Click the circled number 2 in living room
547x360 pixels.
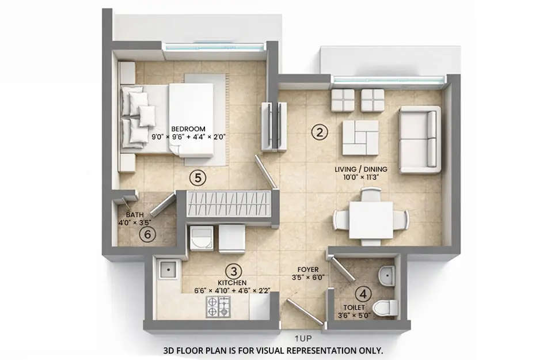319,132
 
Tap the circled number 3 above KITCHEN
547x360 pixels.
233,271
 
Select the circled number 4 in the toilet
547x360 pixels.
362,294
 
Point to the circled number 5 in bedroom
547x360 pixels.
197,178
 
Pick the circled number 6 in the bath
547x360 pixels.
148,234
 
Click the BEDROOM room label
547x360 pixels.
188,128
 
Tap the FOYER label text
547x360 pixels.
308,269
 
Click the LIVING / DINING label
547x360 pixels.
361,169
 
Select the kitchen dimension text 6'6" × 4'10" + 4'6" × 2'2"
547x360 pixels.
233,290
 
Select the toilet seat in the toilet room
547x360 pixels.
384,307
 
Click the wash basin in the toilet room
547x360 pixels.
388,276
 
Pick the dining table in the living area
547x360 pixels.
371,220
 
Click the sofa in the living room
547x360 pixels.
420,139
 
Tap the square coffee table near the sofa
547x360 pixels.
360,137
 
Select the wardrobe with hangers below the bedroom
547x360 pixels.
228,204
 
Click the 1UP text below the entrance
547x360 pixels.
305,340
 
